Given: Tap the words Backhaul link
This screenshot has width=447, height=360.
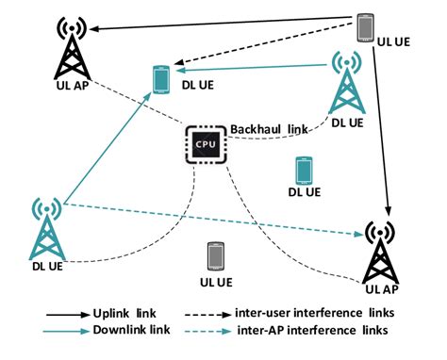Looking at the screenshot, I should click(x=267, y=128).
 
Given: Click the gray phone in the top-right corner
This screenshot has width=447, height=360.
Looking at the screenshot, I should click(x=364, y=26).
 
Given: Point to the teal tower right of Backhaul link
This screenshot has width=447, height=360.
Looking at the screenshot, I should click(x=346, y=83).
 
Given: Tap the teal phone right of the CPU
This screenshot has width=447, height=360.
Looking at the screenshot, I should click(x=303, y=170).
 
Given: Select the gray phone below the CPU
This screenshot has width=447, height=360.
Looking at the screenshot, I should click(x=216, y=257).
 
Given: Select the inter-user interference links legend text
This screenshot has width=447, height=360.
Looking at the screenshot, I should click(x=328, y=312).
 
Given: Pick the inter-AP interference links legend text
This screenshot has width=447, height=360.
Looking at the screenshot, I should click(x=326, y=330).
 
